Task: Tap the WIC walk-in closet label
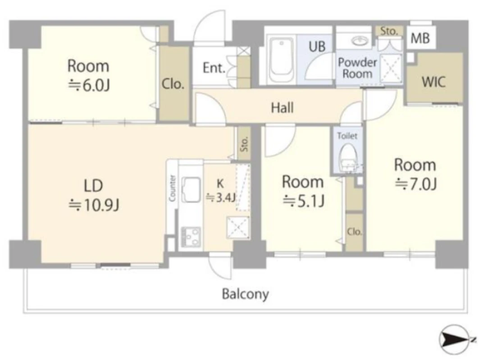coord(433,82)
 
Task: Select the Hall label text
coord(282,108)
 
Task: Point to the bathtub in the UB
coord(281,60)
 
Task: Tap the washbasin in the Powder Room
coord(360,41)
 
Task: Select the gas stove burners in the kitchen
coord(191,237)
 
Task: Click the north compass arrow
coord(454,340)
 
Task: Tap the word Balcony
coord(246,294)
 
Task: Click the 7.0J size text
coord(416,184)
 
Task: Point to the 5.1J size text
coord(303,201)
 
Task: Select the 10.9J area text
coord(94,205)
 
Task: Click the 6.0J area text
coord(89,85)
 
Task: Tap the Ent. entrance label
coord(214,68)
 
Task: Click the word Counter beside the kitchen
coord(172,188)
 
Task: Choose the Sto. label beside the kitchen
coord(244,144)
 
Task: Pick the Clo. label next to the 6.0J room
coord(173,84)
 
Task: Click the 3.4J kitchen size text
coord(221,197)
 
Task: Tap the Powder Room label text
coord(358,68)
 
